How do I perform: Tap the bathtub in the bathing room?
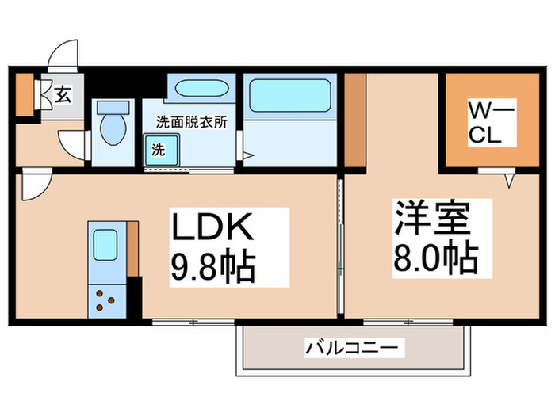click(x=288, y=97)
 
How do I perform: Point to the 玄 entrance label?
click(x=63, y=96)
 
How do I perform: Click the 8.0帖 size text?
click(x=433, y=258)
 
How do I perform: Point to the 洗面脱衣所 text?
click(x=191, y=123)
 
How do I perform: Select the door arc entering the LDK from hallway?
click(x=36, y=187)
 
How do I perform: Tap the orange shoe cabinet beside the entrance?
click(x=25, y=94)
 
